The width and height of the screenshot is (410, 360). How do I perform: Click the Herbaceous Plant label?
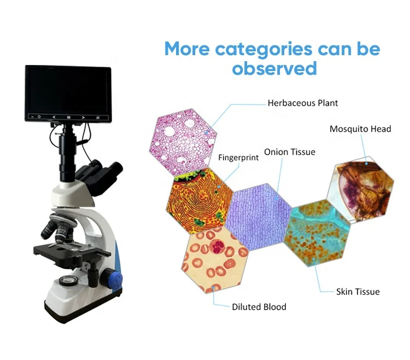point(302,103)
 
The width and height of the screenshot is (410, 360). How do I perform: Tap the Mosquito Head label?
point(360,129)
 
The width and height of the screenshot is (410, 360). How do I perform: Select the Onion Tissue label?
point(289,152)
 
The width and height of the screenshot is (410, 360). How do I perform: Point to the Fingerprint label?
point(238,157)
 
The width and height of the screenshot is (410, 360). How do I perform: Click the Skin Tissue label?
point(358,292)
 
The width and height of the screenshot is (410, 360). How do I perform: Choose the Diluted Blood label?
point(259,306)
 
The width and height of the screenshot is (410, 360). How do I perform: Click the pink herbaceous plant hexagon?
point(183,141)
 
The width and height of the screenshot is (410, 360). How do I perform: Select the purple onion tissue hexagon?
point(258,217)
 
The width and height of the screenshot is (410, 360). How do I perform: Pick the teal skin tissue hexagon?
point(317,233)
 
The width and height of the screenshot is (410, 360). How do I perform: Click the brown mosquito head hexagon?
point(360,190)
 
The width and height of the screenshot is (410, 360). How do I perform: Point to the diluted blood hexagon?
point(215,260)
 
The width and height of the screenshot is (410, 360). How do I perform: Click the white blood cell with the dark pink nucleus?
point(217,246)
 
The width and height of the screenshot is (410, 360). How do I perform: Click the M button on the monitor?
point(68,117)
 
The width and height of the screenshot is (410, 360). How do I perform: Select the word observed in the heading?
point(274,68)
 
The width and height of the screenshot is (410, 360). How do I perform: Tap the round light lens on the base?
point(68,281)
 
